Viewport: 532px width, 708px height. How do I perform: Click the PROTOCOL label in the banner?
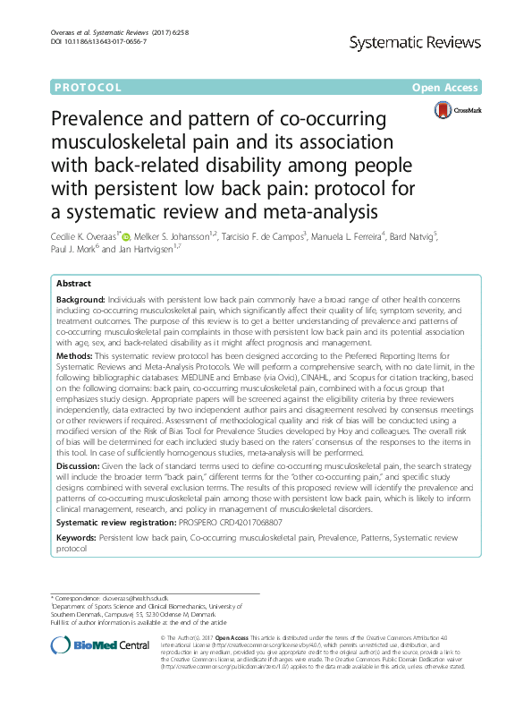88,88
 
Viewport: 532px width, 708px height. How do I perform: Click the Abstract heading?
76,281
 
